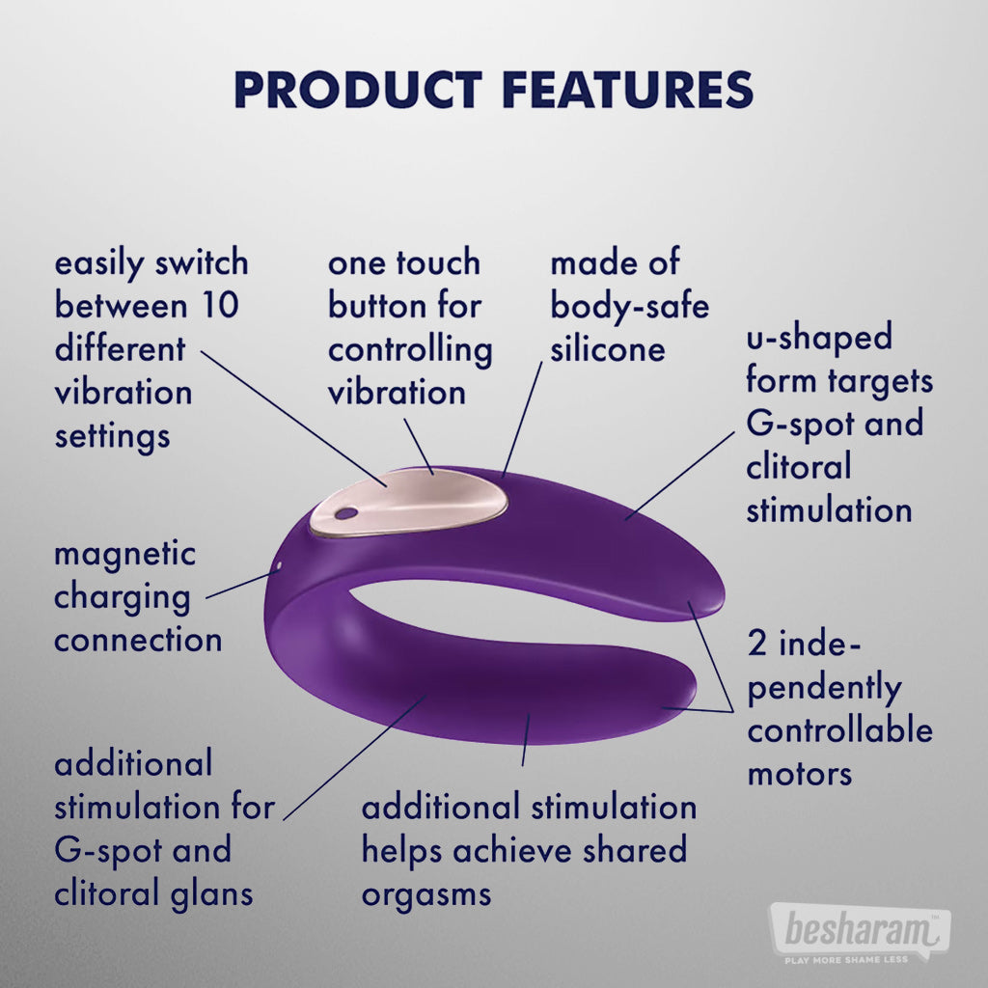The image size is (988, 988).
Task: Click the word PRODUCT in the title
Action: pyautogui.click(x=358, y=89)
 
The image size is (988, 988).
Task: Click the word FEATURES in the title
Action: pyautogui.click(x=627, y=89)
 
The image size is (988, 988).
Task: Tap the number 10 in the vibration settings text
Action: pyautogui.click(x=220, y=306)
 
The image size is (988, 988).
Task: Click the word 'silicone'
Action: pyautogui.click(x=608, y=349)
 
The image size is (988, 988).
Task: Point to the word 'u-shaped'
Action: pyautogui.click(x=819, y=337)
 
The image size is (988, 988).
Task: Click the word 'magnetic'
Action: pyautogui.click(x=124, y=555)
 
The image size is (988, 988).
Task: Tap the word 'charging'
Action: pyautogui.click(x=123, y=597)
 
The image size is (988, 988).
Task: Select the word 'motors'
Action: pyautogui.click(x=799, y=775)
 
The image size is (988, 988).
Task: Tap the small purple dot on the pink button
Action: pyautogui.click(x=345, y=513)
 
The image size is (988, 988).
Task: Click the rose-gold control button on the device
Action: pyautogui.click(x=408, y=503)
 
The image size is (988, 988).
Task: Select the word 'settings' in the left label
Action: pyautogui.click(x=112, y=437)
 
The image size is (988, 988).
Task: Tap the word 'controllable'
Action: pyautogui.click(x=840, y=731)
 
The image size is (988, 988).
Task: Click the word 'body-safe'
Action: pyautogui.click(x=629, y=307)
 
